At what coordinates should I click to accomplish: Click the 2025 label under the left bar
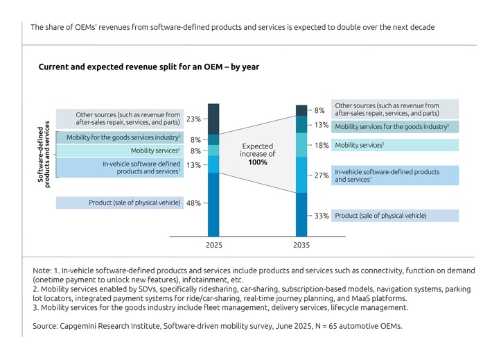pos(213,246)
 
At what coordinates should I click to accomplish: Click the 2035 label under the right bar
pos(301,246)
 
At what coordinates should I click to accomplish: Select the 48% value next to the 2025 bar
pos(193,203)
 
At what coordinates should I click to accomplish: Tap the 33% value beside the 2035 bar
pos(321,216)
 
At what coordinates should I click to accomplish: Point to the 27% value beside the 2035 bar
pos(321,175)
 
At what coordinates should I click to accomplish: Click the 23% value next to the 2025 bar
pos(193,119)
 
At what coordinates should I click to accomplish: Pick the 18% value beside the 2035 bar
pos(321,146)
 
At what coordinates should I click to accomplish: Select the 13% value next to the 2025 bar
pos(193,165)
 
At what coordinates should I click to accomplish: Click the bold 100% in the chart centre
pos(257,162)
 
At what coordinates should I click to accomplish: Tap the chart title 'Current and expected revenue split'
pos(148,67)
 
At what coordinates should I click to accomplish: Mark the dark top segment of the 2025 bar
pos(213,119)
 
